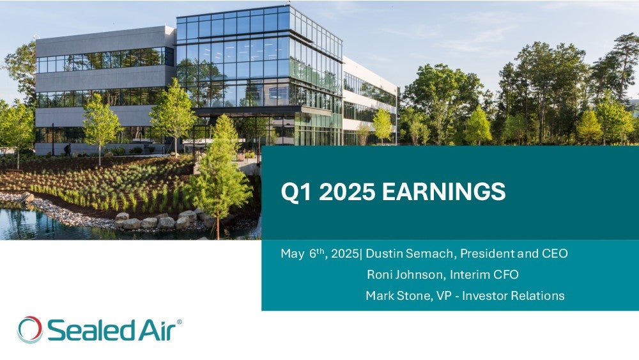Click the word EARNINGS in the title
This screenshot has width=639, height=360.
pos(443,191)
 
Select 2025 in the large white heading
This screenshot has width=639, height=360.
pos(347,191)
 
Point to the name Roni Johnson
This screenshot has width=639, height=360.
pos(404,274)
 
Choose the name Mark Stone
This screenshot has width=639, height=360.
pos(397,295)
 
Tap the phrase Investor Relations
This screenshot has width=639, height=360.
pos(514,295)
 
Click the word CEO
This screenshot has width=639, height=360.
pos(555,254)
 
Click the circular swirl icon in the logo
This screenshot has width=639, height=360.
pos(30,330)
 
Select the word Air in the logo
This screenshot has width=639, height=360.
pos(157,330)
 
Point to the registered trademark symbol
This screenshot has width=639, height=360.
pos(180,322)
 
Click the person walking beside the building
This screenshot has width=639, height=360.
pos(67,150)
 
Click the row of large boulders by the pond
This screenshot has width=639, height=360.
pos(160,221)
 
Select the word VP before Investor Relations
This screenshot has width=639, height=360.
pos(444,295)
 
